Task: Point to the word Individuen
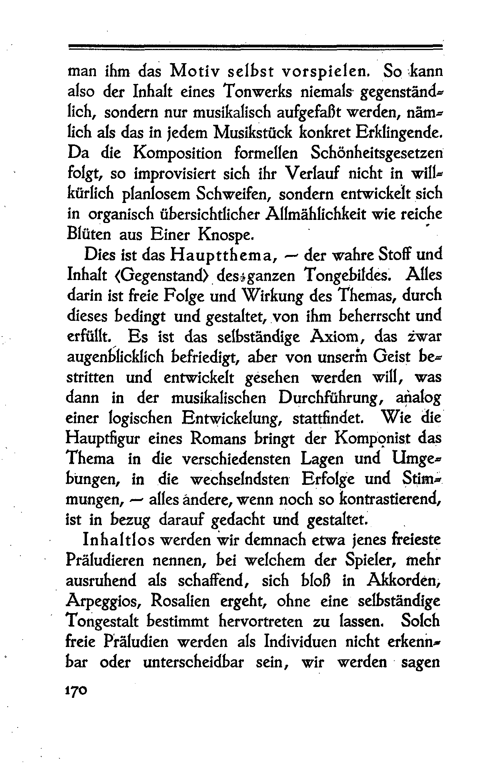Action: (x=302, y=642)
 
